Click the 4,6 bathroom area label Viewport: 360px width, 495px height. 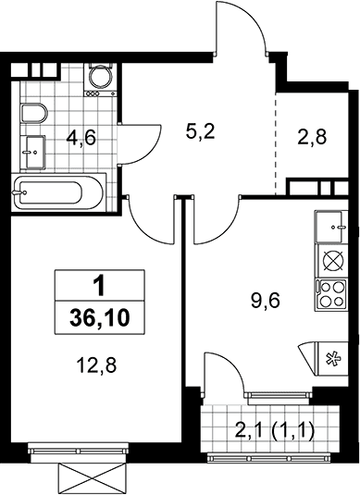pyautogui.click(x=81, y=139)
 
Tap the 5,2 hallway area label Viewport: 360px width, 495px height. pyautogui.click(x=200, y=131)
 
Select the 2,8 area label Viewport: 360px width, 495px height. pyautogui.click(x=312, y=137)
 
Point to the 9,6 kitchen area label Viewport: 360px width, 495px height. pyautogui.click(x=266, y=301)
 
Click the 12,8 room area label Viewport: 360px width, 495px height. pyautogui.click(x=96, y=365)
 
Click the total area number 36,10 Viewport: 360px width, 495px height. pyautogui.click(x=100, y=318)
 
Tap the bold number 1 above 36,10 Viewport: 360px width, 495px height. pyautogui.click(x=101, y=287)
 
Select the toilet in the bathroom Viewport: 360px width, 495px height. pyautogui.click(x=34, y=113)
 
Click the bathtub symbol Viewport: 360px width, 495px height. pyautogui.click(x=58, y=192)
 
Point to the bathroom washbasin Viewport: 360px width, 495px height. pyautogui.click(x=33, y=152)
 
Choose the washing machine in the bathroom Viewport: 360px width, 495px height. pyautogui.click(x=100, y=80)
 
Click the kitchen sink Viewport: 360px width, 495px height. pyautogui.click(x=331, y=227)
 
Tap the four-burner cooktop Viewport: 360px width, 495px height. pyautogui.click(x=331, y=294)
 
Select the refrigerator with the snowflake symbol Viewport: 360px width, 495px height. pyautogui.click(x=332, y=359)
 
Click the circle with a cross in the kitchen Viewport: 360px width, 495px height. pyautogui.click(x=331, y=261)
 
